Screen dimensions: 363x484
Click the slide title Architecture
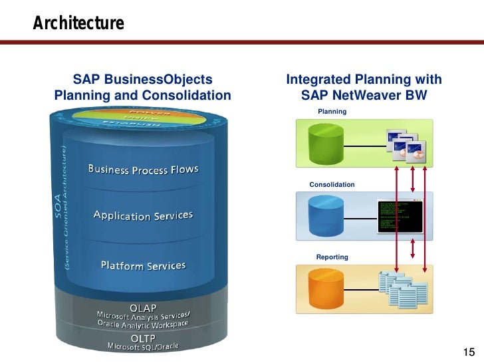coord(78,24)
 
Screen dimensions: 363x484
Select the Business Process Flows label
coord(144,170)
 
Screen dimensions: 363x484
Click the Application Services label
coord(144,216)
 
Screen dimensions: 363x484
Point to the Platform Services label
coord(143,266)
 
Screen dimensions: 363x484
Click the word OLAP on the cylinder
coord(143,308)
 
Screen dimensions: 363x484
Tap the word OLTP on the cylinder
coord(143,338)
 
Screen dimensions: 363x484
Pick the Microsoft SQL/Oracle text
coord(143,346)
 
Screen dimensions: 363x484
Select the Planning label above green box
coord(332,112)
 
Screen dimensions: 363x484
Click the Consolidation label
coord(332,184)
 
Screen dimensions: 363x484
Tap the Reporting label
coord(332,257)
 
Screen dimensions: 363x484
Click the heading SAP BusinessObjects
coord(142,80)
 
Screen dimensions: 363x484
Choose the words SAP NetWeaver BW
coord(364,96)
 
